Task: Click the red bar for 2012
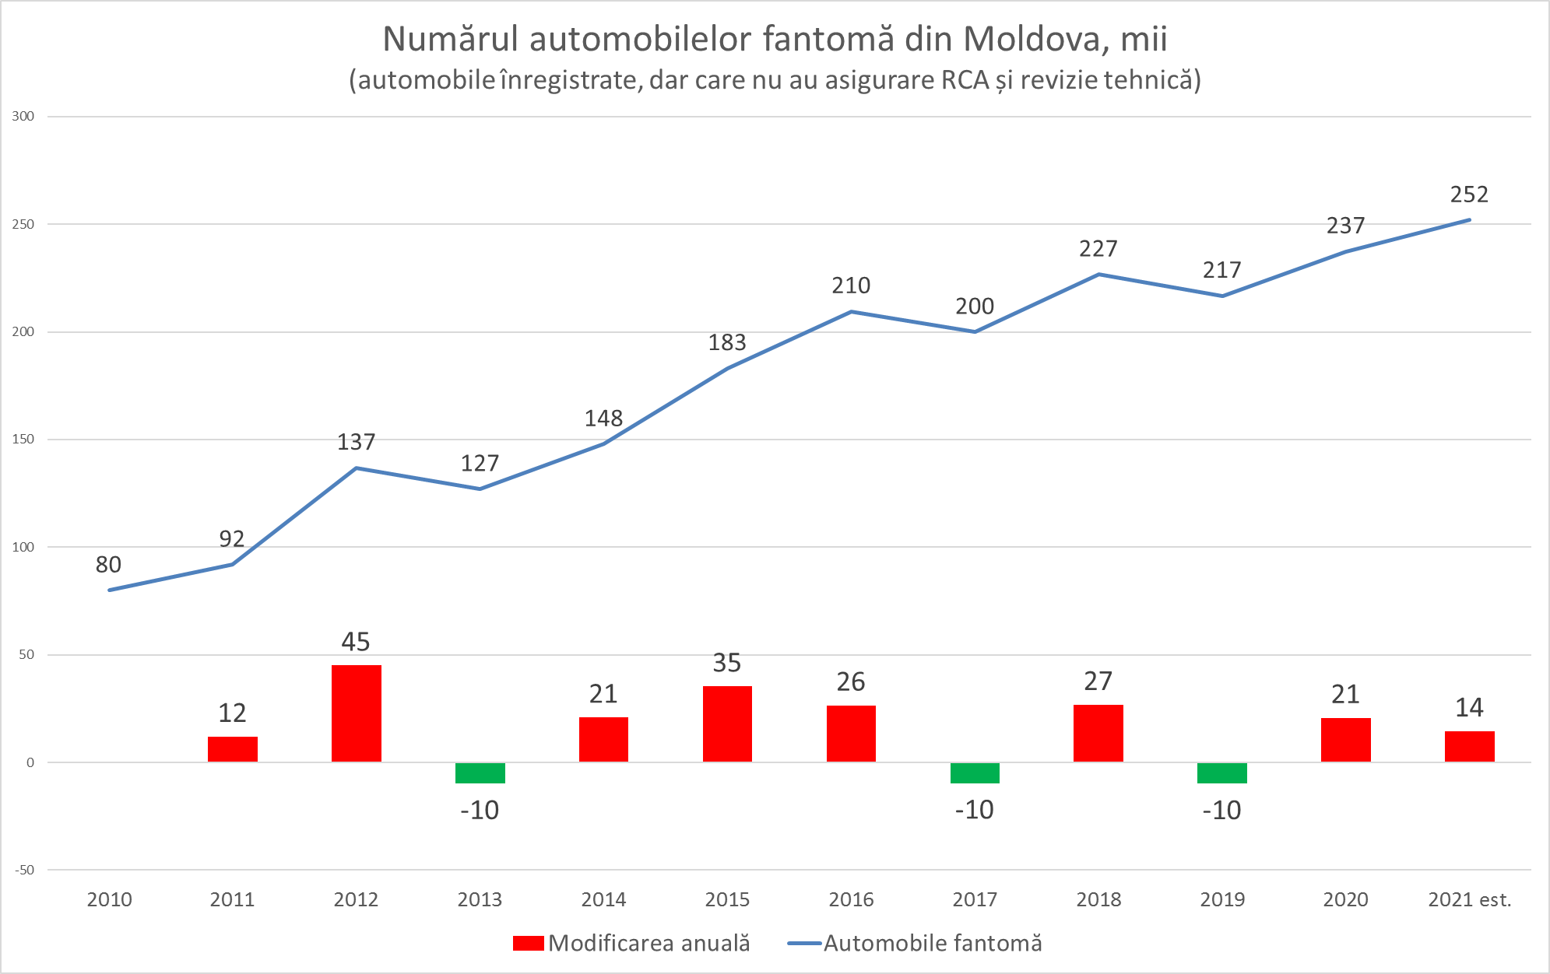pos(356,713)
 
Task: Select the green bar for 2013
pos(480,773)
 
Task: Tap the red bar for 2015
pos(727,723)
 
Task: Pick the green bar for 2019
pos(1221,773)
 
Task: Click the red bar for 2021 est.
pos(1469,746)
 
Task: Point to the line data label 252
pos(1469,194)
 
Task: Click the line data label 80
pos(108,565)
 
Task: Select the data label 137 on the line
pos(356,442)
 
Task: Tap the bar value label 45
pos(356,642)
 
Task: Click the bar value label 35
pos(727,663)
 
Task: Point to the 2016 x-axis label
pos(851,900)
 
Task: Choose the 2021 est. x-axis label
pos(1469,900)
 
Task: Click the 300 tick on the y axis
pos(23,117)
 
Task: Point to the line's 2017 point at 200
pos(975,332)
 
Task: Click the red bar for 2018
pos(1098,733)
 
